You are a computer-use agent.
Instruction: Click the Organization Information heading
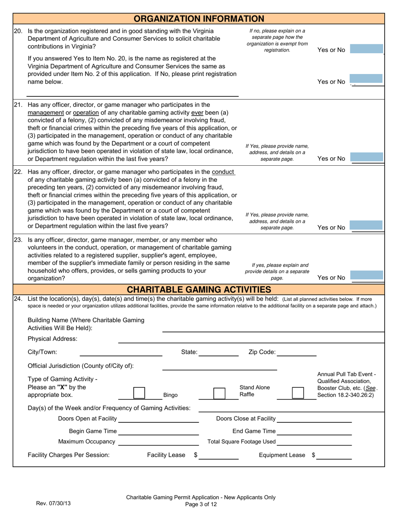click(x=199, y=19)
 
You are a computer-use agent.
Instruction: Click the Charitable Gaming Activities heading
click(x=199, y=290)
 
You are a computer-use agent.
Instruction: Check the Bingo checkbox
click(x=139, y=393)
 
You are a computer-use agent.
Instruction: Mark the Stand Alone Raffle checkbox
click(x=219, y=393)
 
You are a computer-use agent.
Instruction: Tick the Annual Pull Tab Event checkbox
click(x=298, y=393)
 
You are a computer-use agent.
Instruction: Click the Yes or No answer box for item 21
click(x=367, y=158)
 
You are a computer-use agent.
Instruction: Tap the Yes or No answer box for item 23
click(x=367, y=277)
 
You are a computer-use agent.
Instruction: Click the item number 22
click(x=18, y=172)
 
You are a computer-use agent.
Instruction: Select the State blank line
click(x=218, y=352)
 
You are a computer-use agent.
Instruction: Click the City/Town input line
click(x=121, y=352)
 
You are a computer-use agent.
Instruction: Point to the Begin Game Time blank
click(x=159, y=431)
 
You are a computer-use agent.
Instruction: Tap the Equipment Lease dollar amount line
click(x=334, y=455)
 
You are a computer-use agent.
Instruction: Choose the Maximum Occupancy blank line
click(x=159, y=442)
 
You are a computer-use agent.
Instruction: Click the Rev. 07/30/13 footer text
click(x=53, y=504)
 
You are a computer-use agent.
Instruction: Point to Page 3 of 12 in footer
click(x=201, y=504)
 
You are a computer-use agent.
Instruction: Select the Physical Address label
click(x=52, y=339)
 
